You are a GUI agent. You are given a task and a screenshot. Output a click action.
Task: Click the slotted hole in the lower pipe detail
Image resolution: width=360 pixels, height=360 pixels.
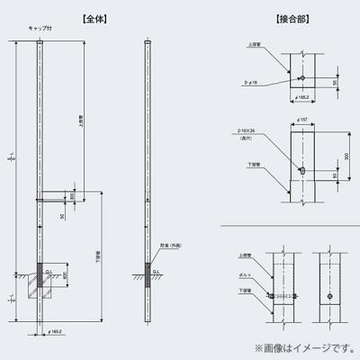[x=303, y=170]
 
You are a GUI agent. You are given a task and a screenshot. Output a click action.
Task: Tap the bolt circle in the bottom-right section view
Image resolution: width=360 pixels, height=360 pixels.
[x=332, y=297]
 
